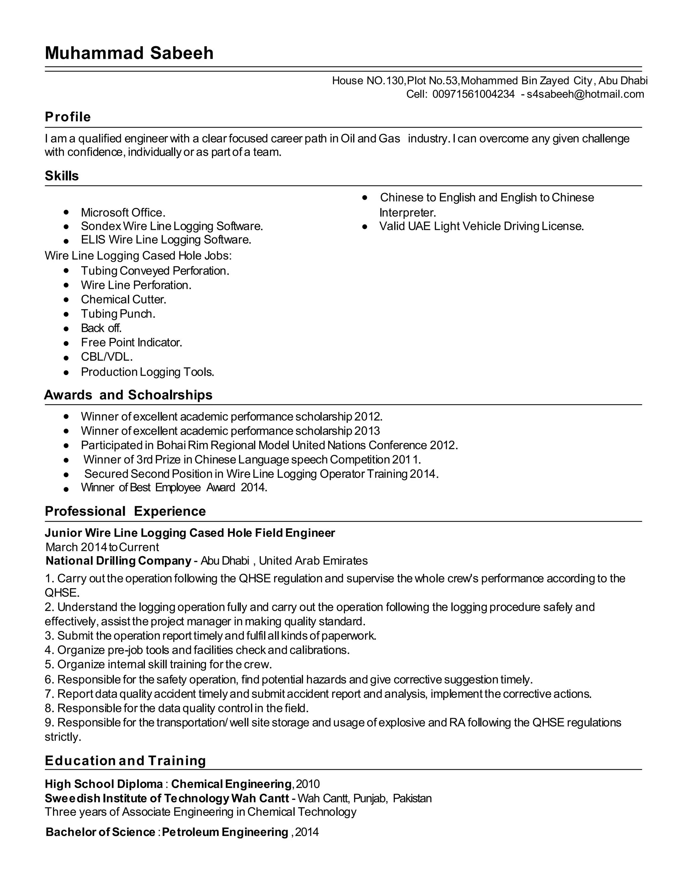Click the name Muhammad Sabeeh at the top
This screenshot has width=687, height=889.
129,53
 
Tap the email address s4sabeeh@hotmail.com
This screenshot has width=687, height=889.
585,95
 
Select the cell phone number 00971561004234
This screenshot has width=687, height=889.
473,95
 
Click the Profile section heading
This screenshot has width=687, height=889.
67,117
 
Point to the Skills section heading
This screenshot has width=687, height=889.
61,176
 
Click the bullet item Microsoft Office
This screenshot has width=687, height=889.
123,212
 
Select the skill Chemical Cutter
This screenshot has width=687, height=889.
123,299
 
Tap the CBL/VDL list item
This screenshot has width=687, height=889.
107,357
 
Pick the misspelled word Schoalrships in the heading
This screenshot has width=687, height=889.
170,395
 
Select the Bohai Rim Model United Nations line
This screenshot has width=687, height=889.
269,445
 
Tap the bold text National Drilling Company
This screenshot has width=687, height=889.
118,561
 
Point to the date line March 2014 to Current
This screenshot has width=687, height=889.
102,547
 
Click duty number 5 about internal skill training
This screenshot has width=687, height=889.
158,664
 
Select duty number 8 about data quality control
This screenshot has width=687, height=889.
177,708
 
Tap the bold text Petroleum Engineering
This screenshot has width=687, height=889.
225,832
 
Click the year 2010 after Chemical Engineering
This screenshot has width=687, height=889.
308,784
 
